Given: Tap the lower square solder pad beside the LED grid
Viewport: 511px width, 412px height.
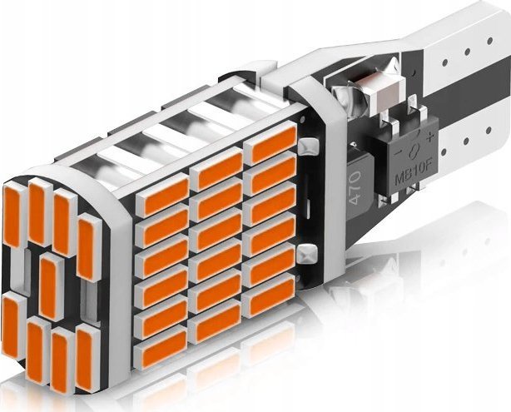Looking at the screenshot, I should pyautogui.click(x=308, y=254).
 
